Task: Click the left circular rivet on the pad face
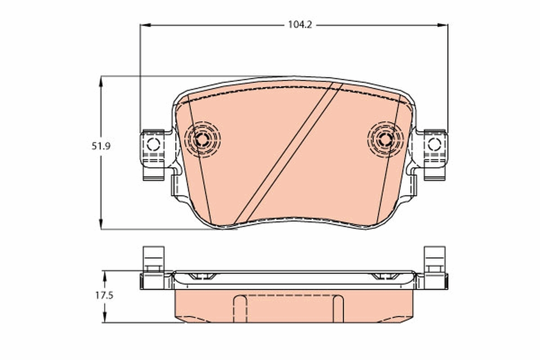point(202,139)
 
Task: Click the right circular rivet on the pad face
point(385,139)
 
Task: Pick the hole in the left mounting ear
point(153,144)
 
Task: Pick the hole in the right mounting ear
point(434,144)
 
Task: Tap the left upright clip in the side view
point(153,258)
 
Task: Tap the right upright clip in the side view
point(435,258)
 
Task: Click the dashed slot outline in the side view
point(288,308)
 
